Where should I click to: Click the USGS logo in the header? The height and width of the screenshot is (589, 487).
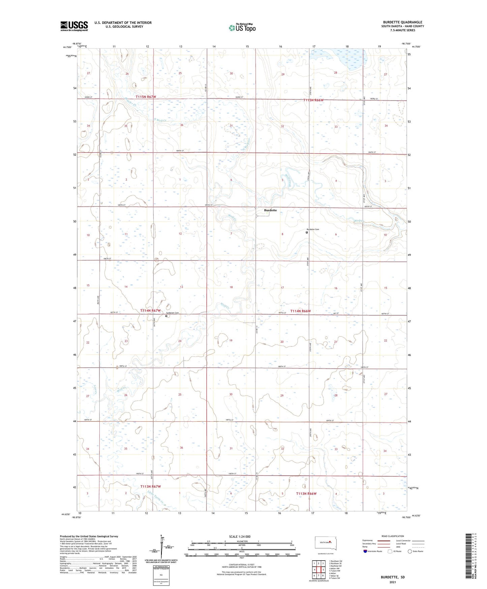74,26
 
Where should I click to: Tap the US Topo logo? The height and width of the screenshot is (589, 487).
242,28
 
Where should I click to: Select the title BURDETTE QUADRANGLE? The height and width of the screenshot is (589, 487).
403,22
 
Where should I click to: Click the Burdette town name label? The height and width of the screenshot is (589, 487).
270,210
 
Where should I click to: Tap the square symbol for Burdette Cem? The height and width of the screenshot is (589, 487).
307,232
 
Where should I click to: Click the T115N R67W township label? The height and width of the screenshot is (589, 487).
146,97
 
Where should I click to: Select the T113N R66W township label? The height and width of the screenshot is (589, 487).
306,494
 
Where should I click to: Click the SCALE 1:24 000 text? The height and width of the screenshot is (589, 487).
240,536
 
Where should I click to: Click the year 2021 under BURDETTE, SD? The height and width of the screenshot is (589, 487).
393,582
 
